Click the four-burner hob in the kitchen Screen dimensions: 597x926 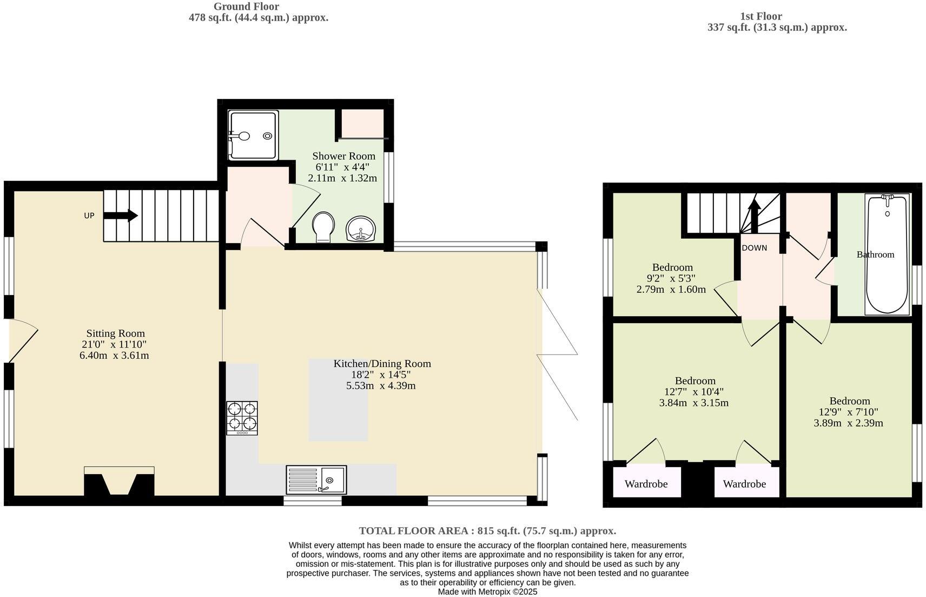coord(242,417)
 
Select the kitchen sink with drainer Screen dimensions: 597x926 coord(316,480)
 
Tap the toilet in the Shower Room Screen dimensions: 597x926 coord(323,227)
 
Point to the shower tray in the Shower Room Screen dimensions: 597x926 coord(253,135)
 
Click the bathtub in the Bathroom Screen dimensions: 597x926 coord(887,254)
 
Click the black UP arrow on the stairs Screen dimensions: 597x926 coord(121,215)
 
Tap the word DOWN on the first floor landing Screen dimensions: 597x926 coord(754,248)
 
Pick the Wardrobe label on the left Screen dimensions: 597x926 coord(646,484)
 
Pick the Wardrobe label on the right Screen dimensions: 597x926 coord(744,484)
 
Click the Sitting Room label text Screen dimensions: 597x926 coord(115,333)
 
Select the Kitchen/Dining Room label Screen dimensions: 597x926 coord(382,363)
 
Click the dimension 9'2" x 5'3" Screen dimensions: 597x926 coord(672,278)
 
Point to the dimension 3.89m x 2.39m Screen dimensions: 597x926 coord(848,423)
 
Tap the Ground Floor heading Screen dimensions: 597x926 coord(246,6)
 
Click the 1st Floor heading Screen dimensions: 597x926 coord(760,16)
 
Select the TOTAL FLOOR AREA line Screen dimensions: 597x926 coord(487,531)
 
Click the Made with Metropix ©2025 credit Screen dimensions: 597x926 coord(487,592)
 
